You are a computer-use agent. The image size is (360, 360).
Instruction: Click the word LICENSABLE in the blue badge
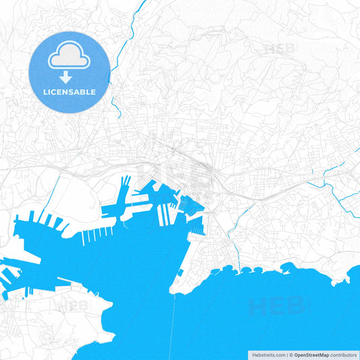pos(70,91)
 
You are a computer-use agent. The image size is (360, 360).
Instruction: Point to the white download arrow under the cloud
pos(70,76)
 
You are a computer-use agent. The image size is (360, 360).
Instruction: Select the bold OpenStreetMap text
pos(311,354)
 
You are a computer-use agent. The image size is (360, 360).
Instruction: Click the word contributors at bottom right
pos(343,354)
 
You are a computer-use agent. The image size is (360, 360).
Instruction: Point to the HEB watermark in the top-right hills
pos(280,48)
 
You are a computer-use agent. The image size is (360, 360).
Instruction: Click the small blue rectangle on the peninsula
pos(181,274)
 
